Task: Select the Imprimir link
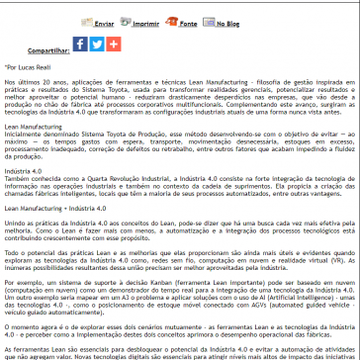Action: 148,20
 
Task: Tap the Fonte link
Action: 189,20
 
